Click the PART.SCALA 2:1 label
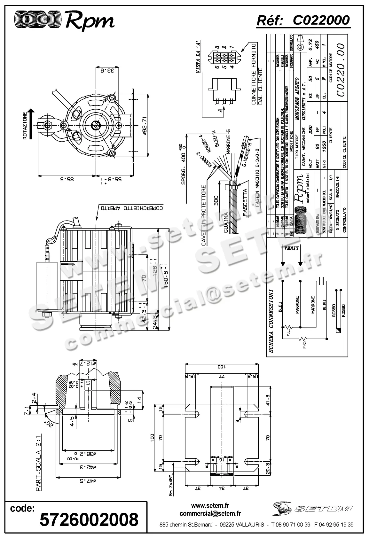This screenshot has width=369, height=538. click(x=38, y=473)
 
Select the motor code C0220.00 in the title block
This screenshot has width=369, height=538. click(x=340, y=70)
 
